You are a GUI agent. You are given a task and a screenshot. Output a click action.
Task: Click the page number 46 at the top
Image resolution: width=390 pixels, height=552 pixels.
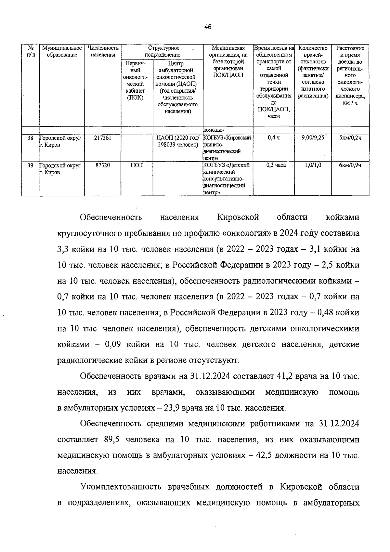tap(208, 27)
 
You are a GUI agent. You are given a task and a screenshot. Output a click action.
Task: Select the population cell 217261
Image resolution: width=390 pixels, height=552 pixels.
tap(102, 138)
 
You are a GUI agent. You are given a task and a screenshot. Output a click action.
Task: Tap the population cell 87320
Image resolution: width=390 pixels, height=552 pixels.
tap(102, 165)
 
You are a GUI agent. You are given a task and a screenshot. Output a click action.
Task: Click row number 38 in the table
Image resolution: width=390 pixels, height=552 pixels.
tap(30, 138)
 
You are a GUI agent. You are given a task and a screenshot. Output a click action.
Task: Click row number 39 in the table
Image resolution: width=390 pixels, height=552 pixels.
tap(30, 165)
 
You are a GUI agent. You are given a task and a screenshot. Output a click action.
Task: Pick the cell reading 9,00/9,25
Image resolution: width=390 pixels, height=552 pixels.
tap(313, 138)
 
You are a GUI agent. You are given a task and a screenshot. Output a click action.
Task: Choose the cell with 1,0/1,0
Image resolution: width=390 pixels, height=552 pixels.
tap(313, 165)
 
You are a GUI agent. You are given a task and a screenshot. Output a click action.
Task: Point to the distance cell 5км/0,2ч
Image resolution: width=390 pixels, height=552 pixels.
tap(350, 138)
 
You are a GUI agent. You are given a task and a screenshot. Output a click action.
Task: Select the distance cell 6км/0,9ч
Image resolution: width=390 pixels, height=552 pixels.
tap(350, 165)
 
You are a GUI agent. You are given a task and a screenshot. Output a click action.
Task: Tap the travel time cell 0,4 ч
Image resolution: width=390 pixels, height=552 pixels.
tap(274, 138)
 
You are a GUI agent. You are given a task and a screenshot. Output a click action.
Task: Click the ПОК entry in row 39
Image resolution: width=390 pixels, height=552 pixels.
tap(136, 165)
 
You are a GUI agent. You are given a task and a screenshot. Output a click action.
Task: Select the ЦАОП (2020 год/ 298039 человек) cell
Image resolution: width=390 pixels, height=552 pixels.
tap(177, 141)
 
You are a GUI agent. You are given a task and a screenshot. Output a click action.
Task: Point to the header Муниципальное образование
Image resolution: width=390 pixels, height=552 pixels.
tap(62, 51)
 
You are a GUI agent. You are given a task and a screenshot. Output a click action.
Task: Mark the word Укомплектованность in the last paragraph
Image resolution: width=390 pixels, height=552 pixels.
tap(121, 487)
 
